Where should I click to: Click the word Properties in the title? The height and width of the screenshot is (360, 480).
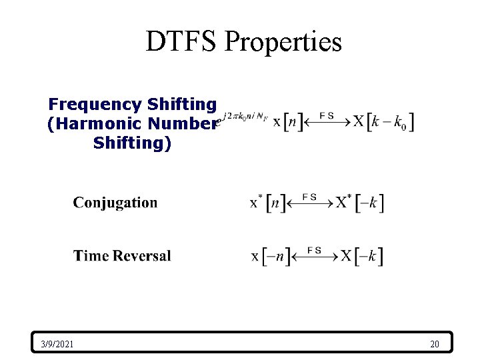click(x=283, y=41)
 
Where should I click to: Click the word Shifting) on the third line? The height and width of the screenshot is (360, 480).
click(x=133, y=143)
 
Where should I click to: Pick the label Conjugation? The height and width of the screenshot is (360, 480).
click(x=115, y=203)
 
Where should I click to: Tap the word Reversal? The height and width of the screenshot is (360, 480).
click(x=142, y=256)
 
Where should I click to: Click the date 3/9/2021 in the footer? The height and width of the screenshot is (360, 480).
click(x=57, y=344)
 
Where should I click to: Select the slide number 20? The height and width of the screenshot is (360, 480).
click(x=435, y=344)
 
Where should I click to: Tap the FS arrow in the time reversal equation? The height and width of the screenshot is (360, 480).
click(x=315, y=255)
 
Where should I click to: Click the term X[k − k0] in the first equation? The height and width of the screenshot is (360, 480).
click(x=383, y=123)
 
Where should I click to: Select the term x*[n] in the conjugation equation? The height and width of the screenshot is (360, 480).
click(x=267, y=203)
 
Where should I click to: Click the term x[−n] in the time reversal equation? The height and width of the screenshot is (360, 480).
click(x=271, y=257)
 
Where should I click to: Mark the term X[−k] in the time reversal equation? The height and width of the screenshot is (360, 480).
click(x=361, y=257)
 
